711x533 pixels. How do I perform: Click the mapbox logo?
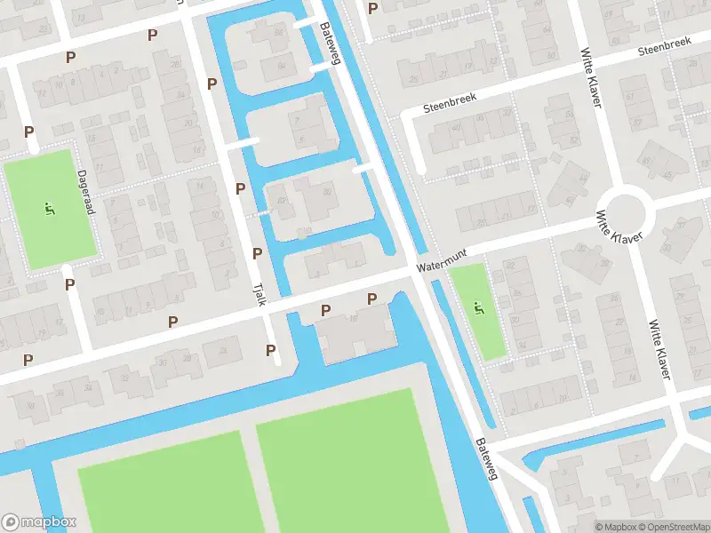coord(39,522)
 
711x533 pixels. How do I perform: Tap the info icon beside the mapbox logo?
coord(11,522)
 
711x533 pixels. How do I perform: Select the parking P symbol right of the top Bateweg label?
coord(372,9)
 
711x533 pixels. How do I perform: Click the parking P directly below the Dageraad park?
coord(69,284)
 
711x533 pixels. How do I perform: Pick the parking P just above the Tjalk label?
coord(257,254)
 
